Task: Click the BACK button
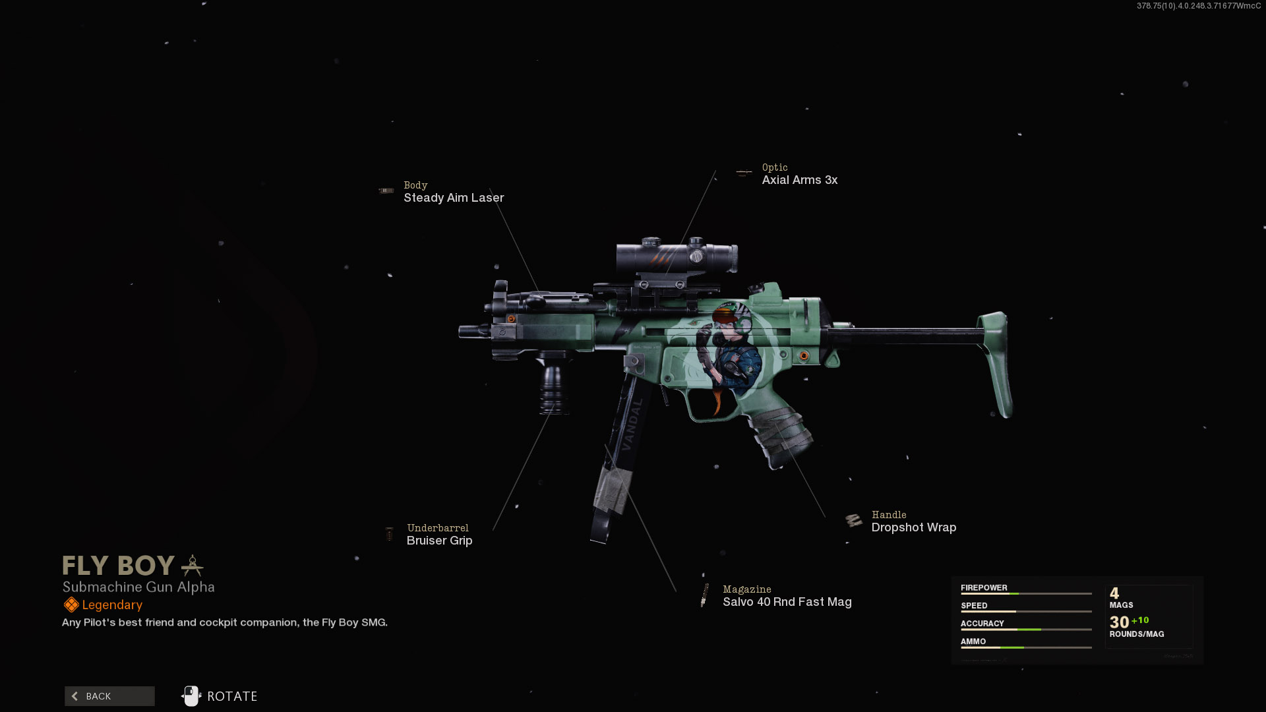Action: click(109, 696)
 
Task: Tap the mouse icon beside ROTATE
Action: click(191, 696)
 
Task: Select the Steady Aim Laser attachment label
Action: click(454, 198)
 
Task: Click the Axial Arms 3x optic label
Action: click(799, 180)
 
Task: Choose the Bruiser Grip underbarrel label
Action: click(439, 541)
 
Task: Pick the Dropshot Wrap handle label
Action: click(913, 527)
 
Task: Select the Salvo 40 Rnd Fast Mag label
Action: click(787, 602)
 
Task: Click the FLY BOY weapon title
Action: click(119, 566)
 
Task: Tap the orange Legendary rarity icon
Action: click(71, 605)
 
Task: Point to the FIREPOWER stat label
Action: click(984, 587)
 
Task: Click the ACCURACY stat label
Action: click(982, 623)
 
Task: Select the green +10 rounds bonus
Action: click(1140, 620)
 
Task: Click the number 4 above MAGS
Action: click(1114, 593)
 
